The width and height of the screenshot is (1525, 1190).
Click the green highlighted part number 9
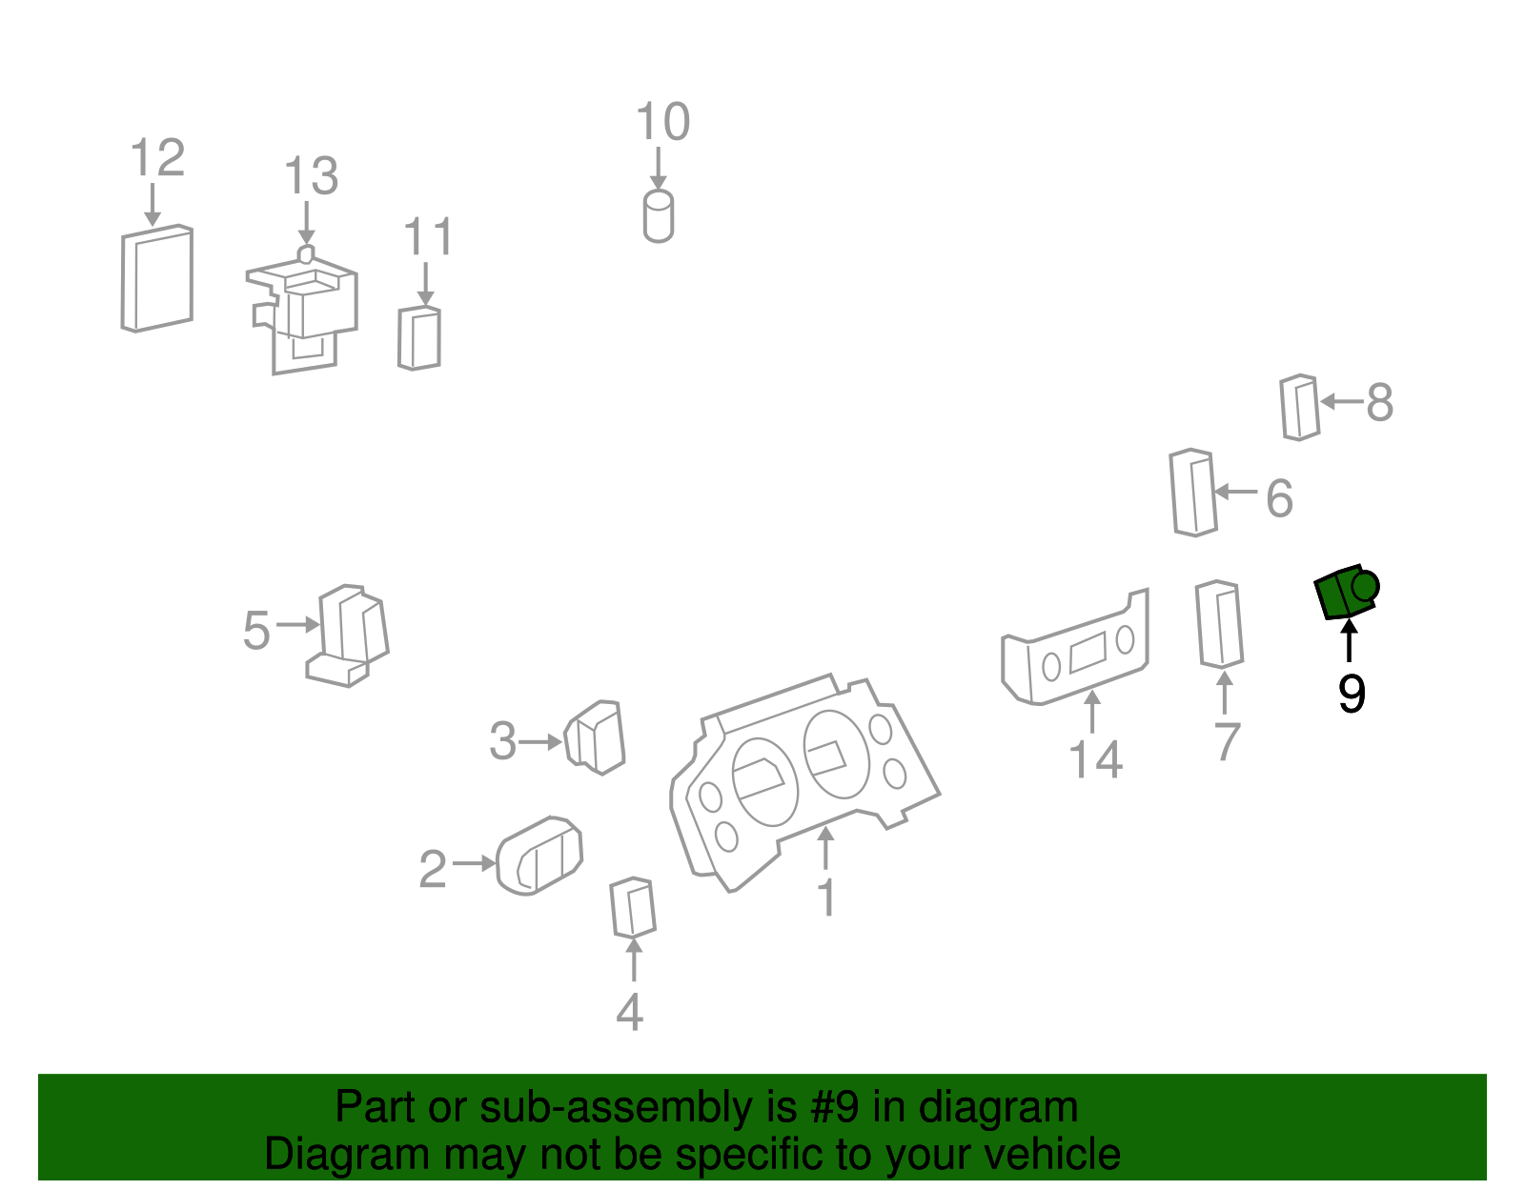[x=1346, y=593]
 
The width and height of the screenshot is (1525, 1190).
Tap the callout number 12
[x=157, y=157]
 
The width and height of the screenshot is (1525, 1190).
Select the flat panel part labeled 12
[x=156, y=278]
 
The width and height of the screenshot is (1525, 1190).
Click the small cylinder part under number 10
[x=659, y=216]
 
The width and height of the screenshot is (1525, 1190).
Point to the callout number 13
[x=311, y=175]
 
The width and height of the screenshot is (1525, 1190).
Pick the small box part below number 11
[x=419, y=338]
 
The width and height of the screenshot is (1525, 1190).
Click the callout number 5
[x=256, y=630]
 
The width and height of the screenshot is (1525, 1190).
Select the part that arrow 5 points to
[x=347, y=635]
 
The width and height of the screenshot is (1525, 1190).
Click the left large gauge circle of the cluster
[x=764, y=782]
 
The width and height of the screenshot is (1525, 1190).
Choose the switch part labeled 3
[x=595, y=737]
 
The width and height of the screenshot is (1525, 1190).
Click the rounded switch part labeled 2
[x=539, y=857]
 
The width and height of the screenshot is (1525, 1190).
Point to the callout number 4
[x=629, y=1012]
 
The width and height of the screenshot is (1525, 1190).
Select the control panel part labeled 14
[x=1074, y=647]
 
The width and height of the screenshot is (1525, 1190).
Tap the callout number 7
[x=1227, y=741]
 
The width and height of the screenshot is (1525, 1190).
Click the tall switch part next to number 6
[x=1193, y=493]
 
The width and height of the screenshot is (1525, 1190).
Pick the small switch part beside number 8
[x=1299, y=408]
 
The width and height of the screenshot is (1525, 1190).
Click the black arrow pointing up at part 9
[x=1348, y=641]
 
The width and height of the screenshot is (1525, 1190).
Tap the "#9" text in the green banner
[x=834, y=1106]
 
